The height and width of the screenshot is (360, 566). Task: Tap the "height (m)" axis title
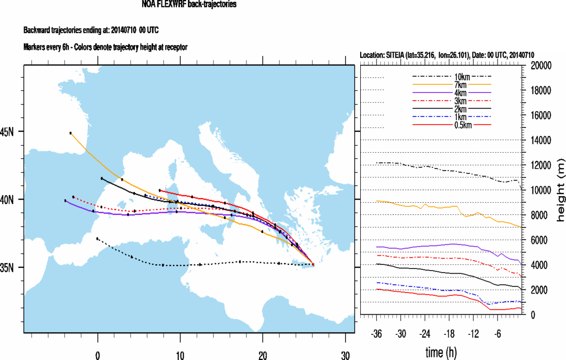pyautogui.click(x=560, y=190)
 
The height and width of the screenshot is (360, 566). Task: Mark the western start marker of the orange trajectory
pyautogui.click(x=70, y=133)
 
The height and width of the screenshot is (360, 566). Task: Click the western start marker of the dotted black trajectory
pyautogui.click(x=97, y=239)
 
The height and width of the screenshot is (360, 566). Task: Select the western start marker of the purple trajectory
pyautogui.click(x=65, y=201)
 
